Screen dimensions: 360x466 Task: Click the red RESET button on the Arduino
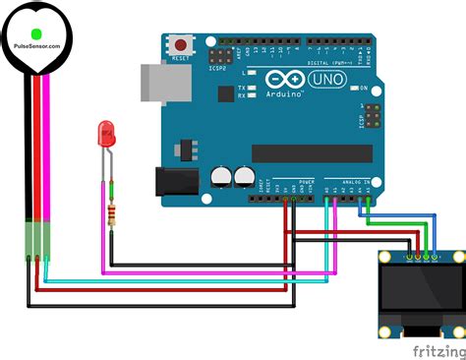point(180,45)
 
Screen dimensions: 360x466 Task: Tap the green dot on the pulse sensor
point(37,33)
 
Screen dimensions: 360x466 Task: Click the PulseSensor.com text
point(37,46)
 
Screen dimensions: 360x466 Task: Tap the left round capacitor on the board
point(220,176)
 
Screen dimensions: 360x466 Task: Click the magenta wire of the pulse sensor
point(45,148)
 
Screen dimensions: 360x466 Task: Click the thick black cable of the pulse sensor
point(26,148)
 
